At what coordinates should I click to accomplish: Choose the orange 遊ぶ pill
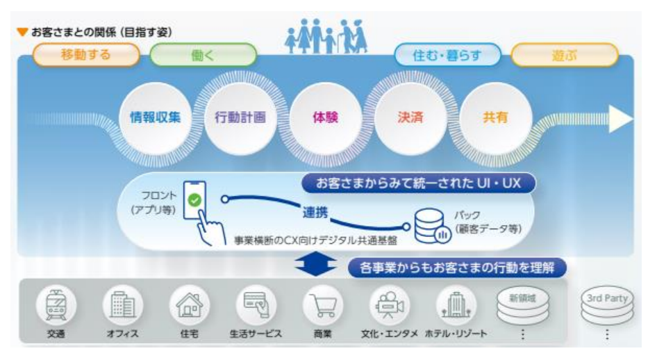[x=564, y=55]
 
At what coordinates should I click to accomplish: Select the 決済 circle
[x=411, y=117]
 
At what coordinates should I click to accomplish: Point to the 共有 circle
[x=495, y=117]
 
